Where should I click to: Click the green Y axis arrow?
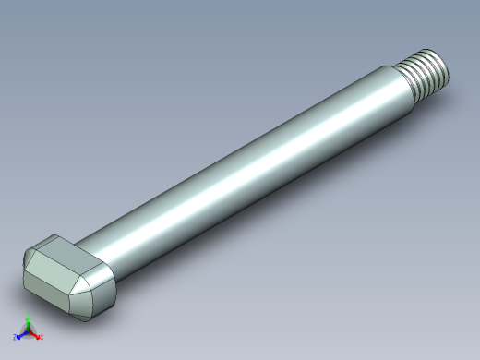29,324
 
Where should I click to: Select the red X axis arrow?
36,335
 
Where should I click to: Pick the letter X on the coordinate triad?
42,337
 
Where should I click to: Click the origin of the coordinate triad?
29,332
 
